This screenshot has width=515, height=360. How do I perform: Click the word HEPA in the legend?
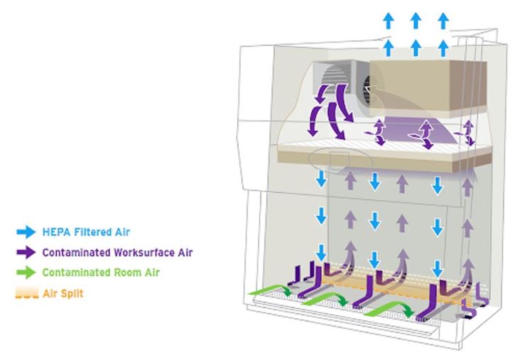pos(55,231)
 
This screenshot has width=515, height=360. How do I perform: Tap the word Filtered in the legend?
pos(92,231)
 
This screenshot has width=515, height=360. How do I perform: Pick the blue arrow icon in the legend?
pos(25,231)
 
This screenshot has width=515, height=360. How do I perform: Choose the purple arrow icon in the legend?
pos(25,252)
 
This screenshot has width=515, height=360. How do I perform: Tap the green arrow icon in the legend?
pos(25,273)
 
